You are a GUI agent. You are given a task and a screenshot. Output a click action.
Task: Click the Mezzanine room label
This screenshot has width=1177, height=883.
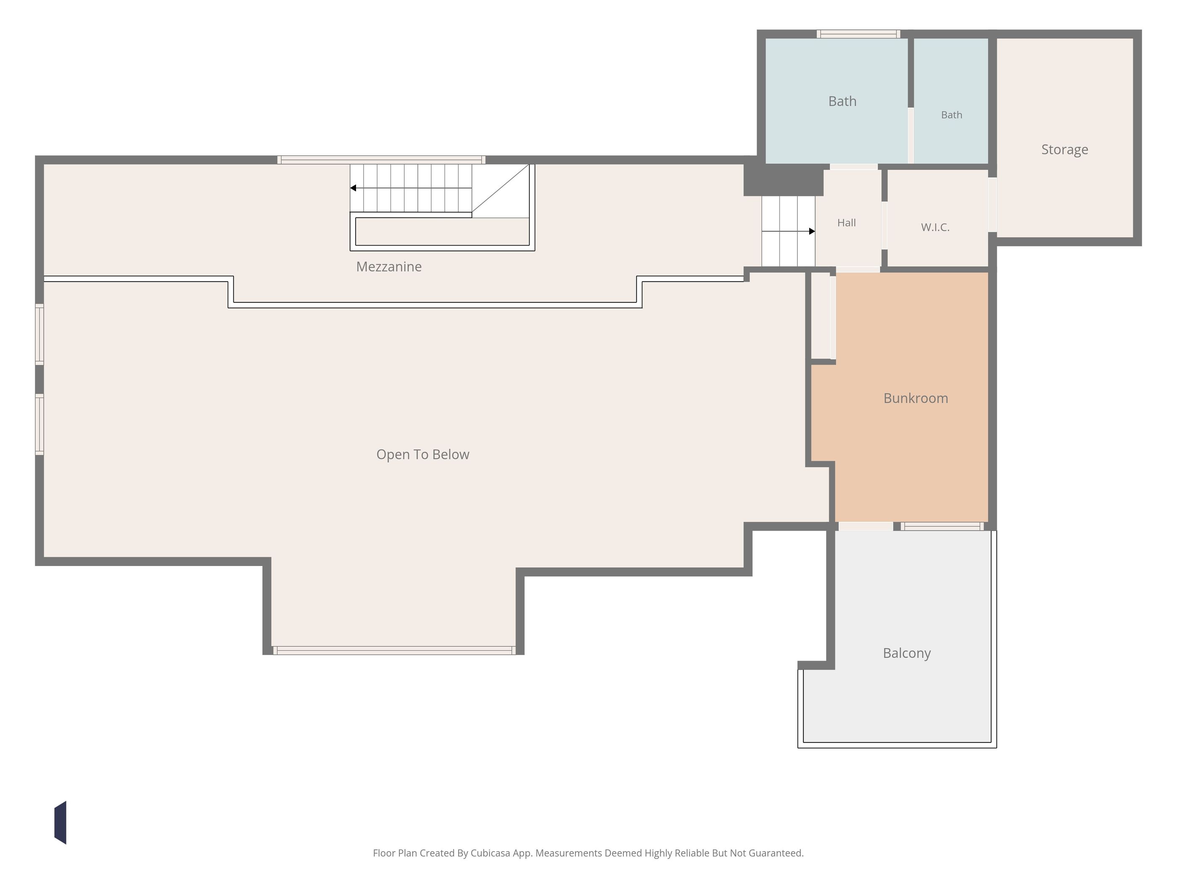pos(388,267)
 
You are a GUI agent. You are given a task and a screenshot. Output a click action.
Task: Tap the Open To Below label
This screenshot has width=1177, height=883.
pos(422,455)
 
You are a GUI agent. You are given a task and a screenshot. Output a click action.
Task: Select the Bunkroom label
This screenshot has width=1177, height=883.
pos(916,398)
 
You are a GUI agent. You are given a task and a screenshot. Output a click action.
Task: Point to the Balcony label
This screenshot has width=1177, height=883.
pos(907,653)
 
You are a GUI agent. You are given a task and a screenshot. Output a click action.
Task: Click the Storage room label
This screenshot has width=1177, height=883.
pos(1065,150)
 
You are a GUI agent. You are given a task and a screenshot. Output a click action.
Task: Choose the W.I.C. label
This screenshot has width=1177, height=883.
pos(935,227)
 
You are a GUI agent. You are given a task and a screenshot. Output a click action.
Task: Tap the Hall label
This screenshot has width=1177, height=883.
pos(847,222)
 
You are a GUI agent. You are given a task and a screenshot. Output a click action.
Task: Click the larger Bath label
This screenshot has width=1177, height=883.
pos(842,101)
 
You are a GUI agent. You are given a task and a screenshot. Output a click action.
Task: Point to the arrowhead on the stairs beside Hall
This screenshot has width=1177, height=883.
pos(812,231)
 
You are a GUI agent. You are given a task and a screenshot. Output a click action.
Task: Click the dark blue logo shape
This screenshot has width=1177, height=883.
pos(60,822)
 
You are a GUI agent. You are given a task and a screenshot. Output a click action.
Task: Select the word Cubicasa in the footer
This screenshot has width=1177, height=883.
pos(490,853)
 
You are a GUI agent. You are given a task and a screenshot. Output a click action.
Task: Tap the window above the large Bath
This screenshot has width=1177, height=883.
pos(858,34)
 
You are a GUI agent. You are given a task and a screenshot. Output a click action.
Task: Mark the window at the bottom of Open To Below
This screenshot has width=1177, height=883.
pos(394,650)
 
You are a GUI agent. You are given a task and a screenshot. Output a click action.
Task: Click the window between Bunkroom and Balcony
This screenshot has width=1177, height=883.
pos(942,526)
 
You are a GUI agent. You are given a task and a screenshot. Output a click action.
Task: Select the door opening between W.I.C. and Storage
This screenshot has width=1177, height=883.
pos(992,205)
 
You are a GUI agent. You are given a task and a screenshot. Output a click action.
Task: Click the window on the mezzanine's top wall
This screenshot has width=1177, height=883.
pos(381,160)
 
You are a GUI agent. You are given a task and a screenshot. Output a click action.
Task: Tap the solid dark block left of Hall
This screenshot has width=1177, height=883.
pos(783,180)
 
